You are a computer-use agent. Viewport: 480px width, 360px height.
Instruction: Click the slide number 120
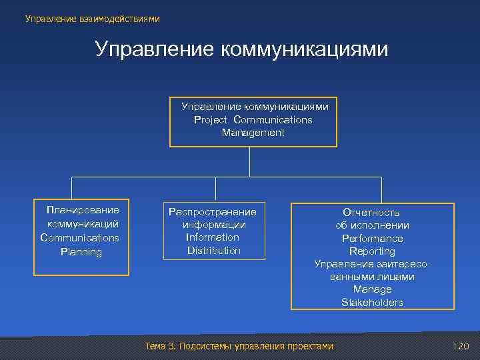(461, 346)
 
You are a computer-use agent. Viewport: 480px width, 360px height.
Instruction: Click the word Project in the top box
(211, 120)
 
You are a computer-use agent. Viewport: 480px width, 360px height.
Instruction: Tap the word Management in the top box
(253, 133)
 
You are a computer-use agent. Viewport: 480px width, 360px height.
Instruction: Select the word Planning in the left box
(81, 252)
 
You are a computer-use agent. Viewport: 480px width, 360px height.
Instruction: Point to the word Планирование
(83, 210)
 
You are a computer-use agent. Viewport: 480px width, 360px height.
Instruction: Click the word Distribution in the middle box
(214, 251)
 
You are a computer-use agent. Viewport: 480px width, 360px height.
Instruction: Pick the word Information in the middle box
(213, 237)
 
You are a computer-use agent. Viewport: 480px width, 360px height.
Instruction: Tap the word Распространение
(213, 211)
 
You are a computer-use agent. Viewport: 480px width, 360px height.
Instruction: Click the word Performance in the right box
(373, 238)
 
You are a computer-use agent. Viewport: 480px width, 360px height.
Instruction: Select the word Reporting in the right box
(373, 251)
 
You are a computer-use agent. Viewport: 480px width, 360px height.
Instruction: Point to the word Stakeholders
(373, 303)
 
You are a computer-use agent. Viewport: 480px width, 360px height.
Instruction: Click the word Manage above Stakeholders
(373, 289)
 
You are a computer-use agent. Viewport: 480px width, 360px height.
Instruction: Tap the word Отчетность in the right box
(371, 213)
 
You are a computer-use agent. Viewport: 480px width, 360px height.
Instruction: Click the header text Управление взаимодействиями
(93, 19)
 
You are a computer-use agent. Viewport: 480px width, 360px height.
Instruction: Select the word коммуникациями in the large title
(304, 49)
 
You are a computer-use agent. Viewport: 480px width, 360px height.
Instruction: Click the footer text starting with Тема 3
(239, 346)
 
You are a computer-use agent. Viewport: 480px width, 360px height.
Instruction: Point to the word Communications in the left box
(80, 237)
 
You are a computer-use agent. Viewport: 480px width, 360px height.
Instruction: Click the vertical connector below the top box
(250, 161)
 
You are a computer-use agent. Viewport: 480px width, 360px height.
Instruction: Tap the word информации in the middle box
(214, 225)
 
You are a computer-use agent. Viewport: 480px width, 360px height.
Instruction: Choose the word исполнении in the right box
(381, 225)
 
